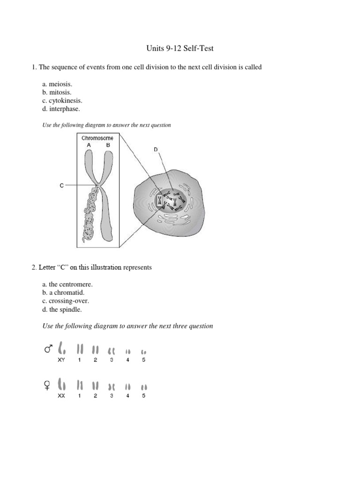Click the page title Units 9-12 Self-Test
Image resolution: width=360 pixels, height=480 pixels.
180,48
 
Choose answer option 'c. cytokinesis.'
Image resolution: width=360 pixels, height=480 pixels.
62,101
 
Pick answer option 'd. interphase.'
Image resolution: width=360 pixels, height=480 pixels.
61,109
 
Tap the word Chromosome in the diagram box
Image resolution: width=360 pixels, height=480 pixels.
97,138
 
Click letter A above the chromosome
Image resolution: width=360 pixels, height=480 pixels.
88,145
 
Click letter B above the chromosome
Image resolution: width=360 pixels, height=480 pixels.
108,145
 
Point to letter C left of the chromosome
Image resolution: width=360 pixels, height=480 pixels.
62,186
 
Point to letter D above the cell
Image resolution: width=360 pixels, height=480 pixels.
156,150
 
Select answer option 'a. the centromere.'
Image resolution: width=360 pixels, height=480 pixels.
67,284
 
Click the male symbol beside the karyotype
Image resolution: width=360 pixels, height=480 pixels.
48,349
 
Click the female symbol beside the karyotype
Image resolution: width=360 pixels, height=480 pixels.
47,386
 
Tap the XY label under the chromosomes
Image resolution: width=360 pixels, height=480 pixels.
61,360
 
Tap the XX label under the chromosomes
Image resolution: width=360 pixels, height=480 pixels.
61,396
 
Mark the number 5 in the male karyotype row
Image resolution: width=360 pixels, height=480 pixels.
144,360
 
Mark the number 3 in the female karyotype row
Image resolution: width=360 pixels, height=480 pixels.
112,396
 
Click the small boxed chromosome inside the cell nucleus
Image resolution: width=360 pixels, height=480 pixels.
160,201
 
